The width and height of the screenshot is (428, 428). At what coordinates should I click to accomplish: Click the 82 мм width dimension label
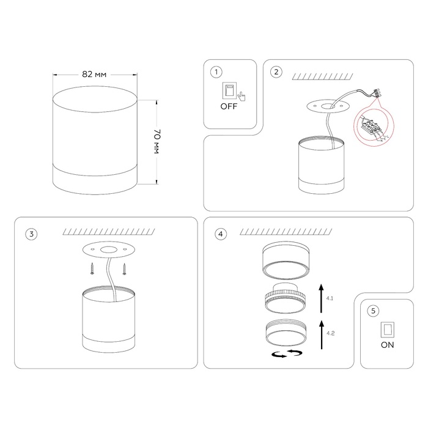pos(94,74)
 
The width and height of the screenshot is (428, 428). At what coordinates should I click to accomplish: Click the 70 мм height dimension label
pos(157,142)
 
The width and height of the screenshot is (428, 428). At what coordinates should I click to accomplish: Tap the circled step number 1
pos(216,72)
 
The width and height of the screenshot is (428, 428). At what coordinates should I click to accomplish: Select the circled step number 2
pos(276,72)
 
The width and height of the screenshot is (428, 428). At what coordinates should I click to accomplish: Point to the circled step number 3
pos(31,234)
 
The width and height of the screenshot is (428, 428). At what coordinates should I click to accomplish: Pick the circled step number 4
pos(221,234)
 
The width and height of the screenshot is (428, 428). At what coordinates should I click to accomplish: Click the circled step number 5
pos(373,311)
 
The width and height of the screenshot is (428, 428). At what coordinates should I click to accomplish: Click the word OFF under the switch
pos(229,106)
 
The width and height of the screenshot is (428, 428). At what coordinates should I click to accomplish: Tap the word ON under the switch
pos(387,345)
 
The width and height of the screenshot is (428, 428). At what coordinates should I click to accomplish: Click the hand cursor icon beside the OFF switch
pos(242,97)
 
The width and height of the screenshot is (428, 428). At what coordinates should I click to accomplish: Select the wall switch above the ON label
pos(387,330)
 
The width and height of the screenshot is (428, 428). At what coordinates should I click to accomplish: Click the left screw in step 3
pos(92,268)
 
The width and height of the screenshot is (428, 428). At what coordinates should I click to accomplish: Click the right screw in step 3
pos(125,268)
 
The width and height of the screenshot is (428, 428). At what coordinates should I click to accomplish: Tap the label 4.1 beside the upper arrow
pos(330,298)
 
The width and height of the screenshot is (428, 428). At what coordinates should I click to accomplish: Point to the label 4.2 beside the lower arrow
pos(330,333)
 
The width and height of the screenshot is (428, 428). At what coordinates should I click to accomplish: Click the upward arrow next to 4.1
pos(321,298)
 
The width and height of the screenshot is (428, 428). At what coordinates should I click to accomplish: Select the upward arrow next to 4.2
pos(322,334)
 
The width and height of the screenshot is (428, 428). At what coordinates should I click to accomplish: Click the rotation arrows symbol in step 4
pos(287,353)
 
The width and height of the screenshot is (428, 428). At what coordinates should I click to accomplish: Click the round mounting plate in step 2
pos(327,106)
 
